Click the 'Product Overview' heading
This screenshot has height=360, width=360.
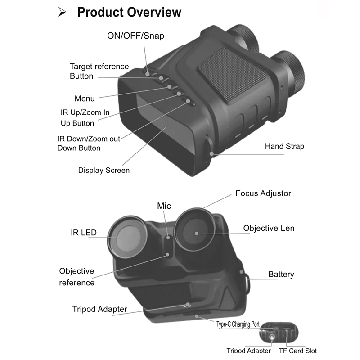click(129, 12)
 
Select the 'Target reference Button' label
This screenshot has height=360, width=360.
click(99, 71)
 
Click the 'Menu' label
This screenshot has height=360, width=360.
click(85, 99)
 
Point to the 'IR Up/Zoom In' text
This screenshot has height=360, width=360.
click(85, 112)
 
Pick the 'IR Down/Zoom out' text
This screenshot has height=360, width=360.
click(89, 139)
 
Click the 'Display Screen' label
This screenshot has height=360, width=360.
click(103, 170)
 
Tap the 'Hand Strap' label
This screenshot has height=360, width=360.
click(284, 146)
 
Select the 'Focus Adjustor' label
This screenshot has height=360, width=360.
click(263, 193)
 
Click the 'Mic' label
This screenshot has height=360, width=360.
click(164, 206)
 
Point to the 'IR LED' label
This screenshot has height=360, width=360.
click(84, 233)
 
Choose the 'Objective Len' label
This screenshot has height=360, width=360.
click(269, 228)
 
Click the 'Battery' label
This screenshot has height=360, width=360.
click(281, 274)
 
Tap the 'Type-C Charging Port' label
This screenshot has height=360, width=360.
click(244, 324)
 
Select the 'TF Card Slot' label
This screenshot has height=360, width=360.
click(297, 351)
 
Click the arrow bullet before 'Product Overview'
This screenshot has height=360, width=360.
click(63, 13)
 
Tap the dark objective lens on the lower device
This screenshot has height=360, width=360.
click(196, 232)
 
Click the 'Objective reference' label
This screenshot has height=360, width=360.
click(76, 277)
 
